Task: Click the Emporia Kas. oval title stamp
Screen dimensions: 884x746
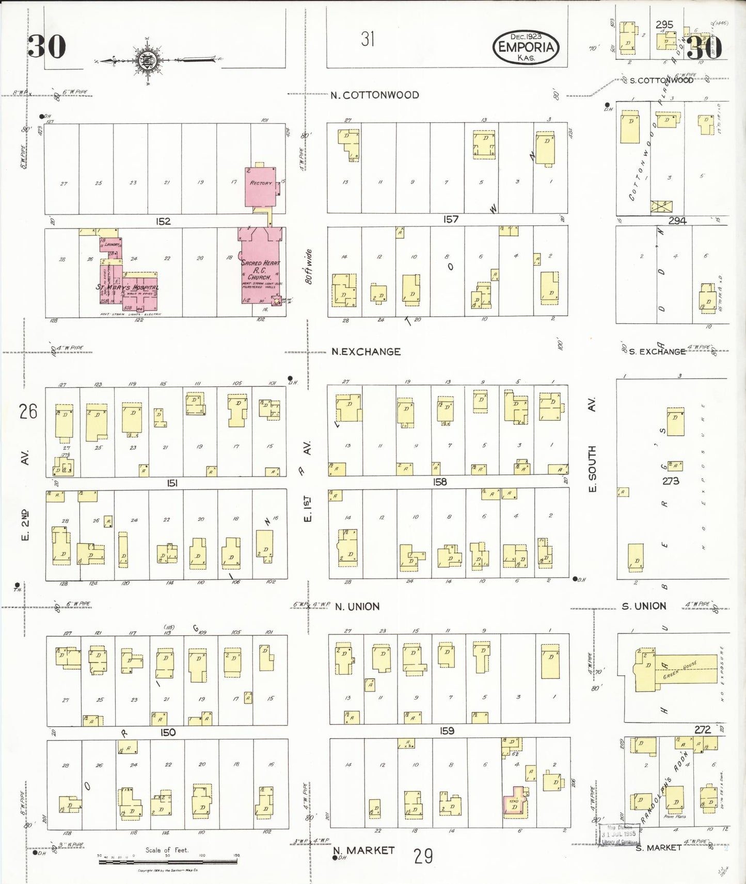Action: pyautogui.click(x=526, y=47)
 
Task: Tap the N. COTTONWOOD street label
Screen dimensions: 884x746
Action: pyautogui.click(x=374, y=95)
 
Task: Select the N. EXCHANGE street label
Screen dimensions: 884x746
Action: pyautogui.click(x=366, y=352)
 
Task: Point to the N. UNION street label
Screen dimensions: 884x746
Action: pyautogui.click(x=357, y=607)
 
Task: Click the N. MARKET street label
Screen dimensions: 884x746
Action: pyautogui.click(x=363, y=850)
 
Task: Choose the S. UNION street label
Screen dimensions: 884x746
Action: pyautogui.click(x=644, y=606)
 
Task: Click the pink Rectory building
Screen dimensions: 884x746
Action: pyautogui.click(x=261, y=186)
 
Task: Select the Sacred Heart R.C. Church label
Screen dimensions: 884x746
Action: pyautogui.click(x=261, y=270)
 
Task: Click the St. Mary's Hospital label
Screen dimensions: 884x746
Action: pyautogui.click(x=128, y=287)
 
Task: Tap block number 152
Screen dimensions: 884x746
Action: pyautogui.click(x=163, y=221)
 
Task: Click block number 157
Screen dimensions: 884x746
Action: pyautogui.click(x=451, y=219)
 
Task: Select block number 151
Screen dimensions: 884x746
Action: pyautogui.click(x=172, y=483)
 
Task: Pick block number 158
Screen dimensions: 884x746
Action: pyautogui.click(x=440, y=482)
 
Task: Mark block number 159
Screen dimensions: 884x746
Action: pyautogui.click(x=447, y=731)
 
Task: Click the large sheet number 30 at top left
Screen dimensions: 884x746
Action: pyautogui.click(x=46, y=46)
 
